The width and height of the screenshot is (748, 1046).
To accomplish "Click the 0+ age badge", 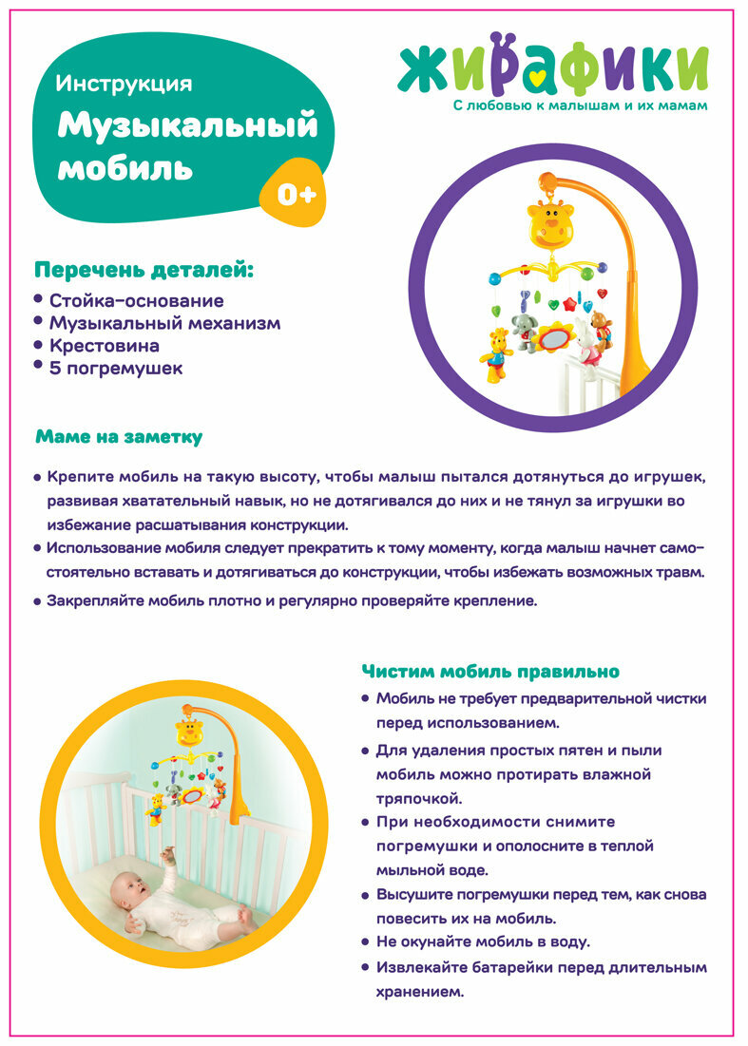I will pos(296,194).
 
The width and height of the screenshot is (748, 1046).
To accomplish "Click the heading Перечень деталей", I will pos(144,270).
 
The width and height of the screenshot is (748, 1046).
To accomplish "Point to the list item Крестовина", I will pos(105,346).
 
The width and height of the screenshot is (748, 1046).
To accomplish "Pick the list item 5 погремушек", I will pos(116,368).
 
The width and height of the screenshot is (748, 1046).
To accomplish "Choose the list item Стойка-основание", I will pos(137,301).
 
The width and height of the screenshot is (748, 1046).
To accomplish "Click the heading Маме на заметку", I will pos(119,437).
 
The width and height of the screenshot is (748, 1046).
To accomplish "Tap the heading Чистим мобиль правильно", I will pos(490,672).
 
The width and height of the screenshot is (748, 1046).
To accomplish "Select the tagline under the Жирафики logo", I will pos(580,105).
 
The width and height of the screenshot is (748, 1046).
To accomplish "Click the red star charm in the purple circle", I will pos(569,305).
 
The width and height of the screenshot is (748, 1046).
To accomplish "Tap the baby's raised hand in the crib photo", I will pos(170,855).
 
